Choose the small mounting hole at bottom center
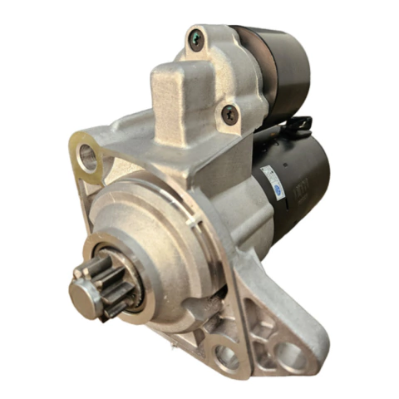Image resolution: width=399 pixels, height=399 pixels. pos(226,357)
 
